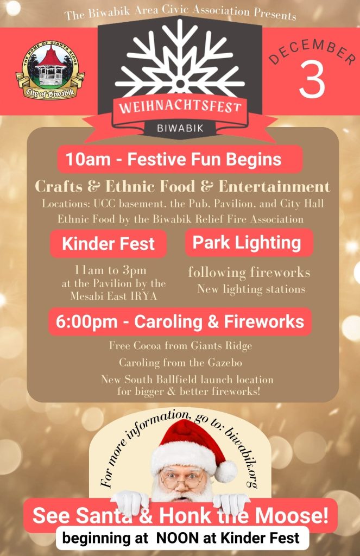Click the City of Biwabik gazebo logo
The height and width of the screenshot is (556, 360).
pyautogui.click(x=50, y=69)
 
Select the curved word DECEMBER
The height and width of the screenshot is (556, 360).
pyautogui.click(x=313, y=52)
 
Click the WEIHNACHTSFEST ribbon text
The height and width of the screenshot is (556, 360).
pyautogui.click(x=180, y=106)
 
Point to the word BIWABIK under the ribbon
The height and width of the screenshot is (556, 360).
pyautogui.click(x=180, y=128)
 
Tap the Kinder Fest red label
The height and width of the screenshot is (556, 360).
pyautogui.click(x=108, y=244)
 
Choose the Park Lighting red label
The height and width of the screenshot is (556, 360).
pyautogui.click(x=249, y=243)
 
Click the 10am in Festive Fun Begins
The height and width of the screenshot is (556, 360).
pyautogui.click(x=87, y=159)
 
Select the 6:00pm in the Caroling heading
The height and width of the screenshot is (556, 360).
pyautogui.click(x=86, y=321)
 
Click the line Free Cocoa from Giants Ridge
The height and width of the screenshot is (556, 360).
pyautogui.click(x=180, y=345)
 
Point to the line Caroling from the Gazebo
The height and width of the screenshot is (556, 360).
pyautogui.click(x=180, y=362)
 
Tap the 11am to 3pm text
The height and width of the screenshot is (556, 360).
pyautogui.click(x=110, y=270)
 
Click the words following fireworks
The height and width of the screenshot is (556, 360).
pyautogui.click(x=249, y=273)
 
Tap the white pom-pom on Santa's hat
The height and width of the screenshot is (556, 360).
pyautogui.click(x=226, y=471)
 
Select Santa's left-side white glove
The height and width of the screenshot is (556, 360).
pyautogui.click(x=130, y=502)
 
